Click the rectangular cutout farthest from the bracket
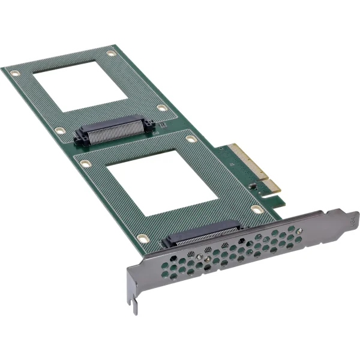point(80,84)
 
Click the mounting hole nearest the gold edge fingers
point(257,209)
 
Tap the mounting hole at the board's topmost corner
point(111,54)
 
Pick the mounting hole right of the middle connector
point(162,108)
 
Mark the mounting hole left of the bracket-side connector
point(142,238)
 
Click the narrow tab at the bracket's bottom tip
point(136,306)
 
